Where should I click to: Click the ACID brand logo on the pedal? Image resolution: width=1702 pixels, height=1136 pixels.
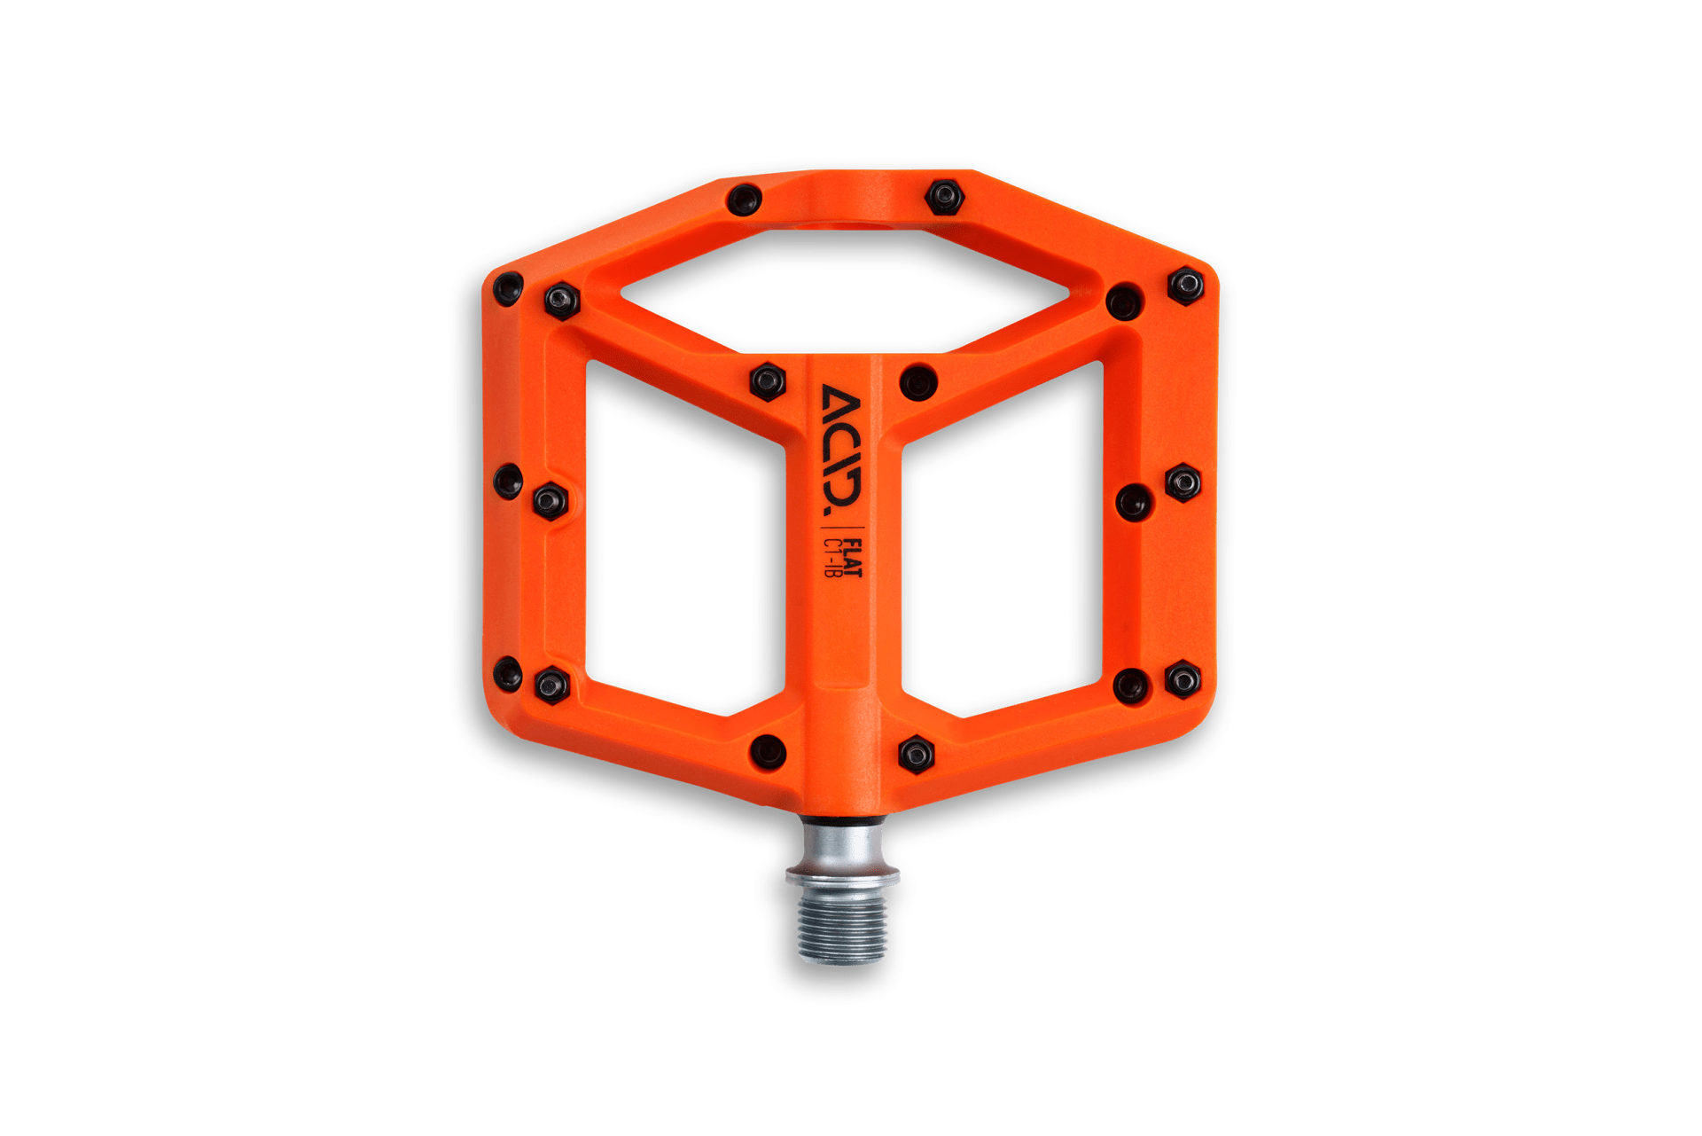pos(841,450)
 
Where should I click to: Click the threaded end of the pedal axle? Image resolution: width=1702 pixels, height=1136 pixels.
pos(842,931)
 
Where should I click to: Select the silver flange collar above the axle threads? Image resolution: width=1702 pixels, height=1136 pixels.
pos(842,876)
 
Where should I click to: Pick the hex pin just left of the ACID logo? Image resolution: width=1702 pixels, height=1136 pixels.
pos(767,380)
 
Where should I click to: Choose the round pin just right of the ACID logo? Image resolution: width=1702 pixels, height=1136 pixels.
pos(917,381)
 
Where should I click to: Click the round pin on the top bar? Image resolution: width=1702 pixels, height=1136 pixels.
pos(744,199)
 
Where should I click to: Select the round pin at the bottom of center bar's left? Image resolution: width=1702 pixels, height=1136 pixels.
pos(767,750)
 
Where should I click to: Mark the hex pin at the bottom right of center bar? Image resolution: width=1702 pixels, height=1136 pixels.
pos(916,754)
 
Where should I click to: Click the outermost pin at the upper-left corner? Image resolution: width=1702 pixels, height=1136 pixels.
pos(508,288)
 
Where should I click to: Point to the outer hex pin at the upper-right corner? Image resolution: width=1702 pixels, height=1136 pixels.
pos(1185,285)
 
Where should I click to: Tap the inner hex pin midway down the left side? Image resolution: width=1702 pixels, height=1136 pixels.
pos(550,501)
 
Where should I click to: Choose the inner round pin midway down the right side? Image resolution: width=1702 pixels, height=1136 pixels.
pos(1133,503)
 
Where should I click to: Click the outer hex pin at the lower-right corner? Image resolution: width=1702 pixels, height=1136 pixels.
pos(1183,679)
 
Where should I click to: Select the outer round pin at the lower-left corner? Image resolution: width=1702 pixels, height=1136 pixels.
pos(508,674)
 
